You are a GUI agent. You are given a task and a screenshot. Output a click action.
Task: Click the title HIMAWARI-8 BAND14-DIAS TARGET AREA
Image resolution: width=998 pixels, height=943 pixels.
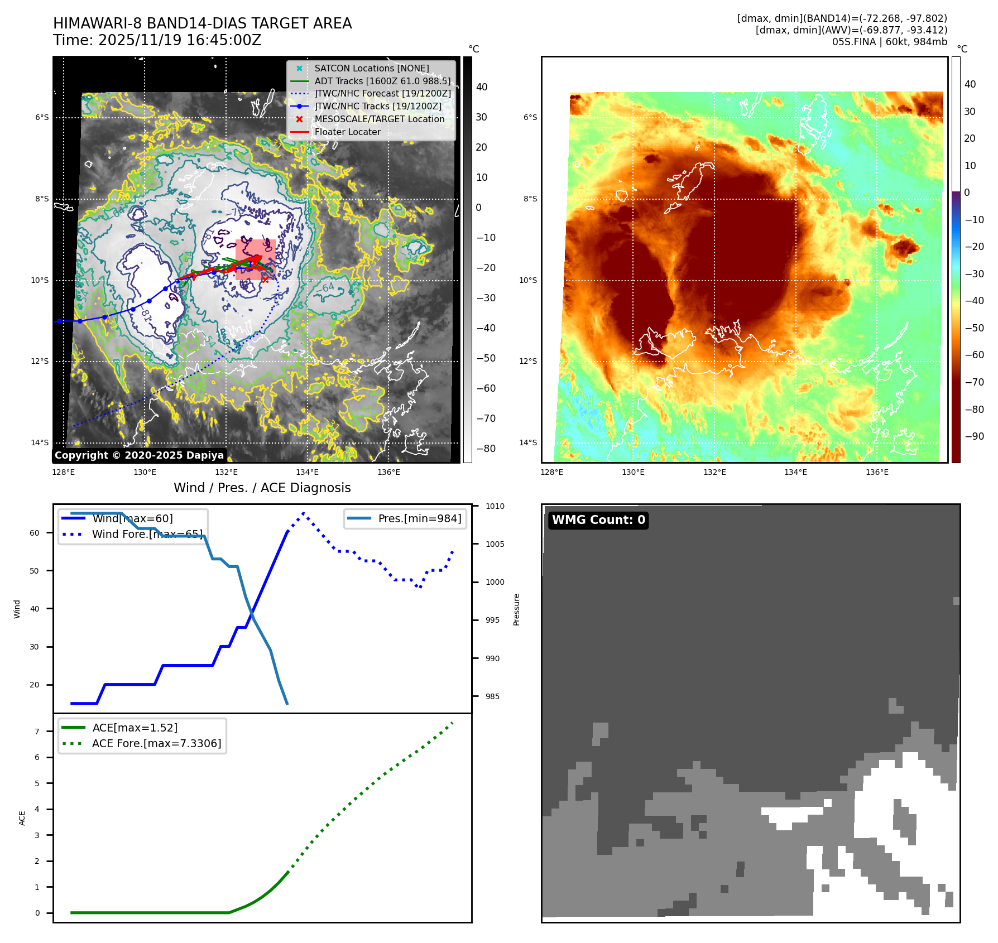[202, 23]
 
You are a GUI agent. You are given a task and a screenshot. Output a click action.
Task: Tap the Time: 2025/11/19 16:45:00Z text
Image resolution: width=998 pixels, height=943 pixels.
[157, 40]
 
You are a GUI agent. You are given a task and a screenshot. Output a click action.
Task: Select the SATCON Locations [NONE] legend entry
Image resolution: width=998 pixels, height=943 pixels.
[371, 68]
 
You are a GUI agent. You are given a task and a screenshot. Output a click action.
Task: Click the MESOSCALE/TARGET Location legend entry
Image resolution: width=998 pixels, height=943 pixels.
[379, 119]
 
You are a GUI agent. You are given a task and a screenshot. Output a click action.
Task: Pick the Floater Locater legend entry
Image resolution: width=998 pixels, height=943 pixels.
[347, 132]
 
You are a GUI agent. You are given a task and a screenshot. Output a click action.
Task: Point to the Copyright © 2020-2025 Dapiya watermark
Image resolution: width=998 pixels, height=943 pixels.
[139, 455]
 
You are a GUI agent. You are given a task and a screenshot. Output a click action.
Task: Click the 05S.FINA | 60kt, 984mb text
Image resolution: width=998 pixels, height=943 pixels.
[889, 42]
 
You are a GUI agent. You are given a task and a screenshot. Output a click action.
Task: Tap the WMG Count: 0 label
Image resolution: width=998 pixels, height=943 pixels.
[598, 520]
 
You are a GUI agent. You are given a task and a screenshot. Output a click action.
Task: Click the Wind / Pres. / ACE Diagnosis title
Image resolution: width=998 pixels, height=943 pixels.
[262, 488]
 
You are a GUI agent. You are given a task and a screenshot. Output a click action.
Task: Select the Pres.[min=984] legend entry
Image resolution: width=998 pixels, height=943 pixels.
[419, 518]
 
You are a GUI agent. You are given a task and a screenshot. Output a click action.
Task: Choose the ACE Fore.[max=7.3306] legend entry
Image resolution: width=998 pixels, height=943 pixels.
[156, 743]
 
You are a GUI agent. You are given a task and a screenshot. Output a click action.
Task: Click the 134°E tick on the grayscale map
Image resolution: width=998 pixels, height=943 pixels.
[307, 472]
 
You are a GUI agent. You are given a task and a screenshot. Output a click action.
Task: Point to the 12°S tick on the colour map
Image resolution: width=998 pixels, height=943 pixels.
[528, 361]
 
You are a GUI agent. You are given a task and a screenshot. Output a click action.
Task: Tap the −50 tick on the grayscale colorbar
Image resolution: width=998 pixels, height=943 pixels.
[486, 358]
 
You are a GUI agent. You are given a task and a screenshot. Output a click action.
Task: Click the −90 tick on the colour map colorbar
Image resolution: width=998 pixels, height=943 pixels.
[974, 436]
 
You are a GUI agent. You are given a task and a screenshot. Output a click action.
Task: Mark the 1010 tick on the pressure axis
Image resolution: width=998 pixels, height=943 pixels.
[495, 506]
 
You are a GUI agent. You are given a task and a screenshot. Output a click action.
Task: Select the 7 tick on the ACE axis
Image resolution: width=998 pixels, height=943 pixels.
[37, 732]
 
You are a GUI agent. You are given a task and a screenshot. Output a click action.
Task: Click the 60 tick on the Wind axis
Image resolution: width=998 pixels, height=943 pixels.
[35, 533]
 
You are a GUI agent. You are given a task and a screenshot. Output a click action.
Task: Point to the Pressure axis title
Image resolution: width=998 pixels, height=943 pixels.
[516, 609]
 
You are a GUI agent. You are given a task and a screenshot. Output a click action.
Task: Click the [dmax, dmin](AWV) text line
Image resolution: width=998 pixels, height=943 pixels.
[851, 30]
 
